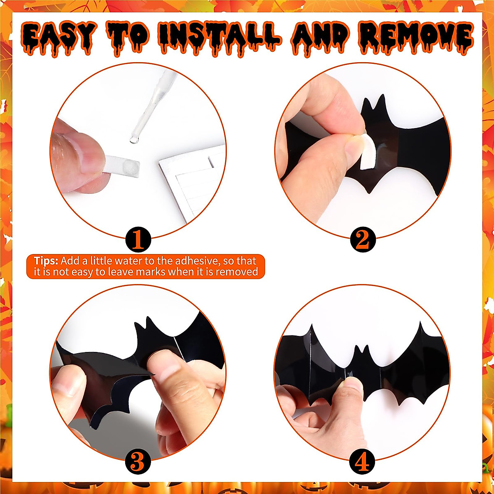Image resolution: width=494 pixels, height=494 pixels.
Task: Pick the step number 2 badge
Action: [x=363, y=240]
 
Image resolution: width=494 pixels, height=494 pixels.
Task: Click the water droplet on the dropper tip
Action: [x=133, y=140]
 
